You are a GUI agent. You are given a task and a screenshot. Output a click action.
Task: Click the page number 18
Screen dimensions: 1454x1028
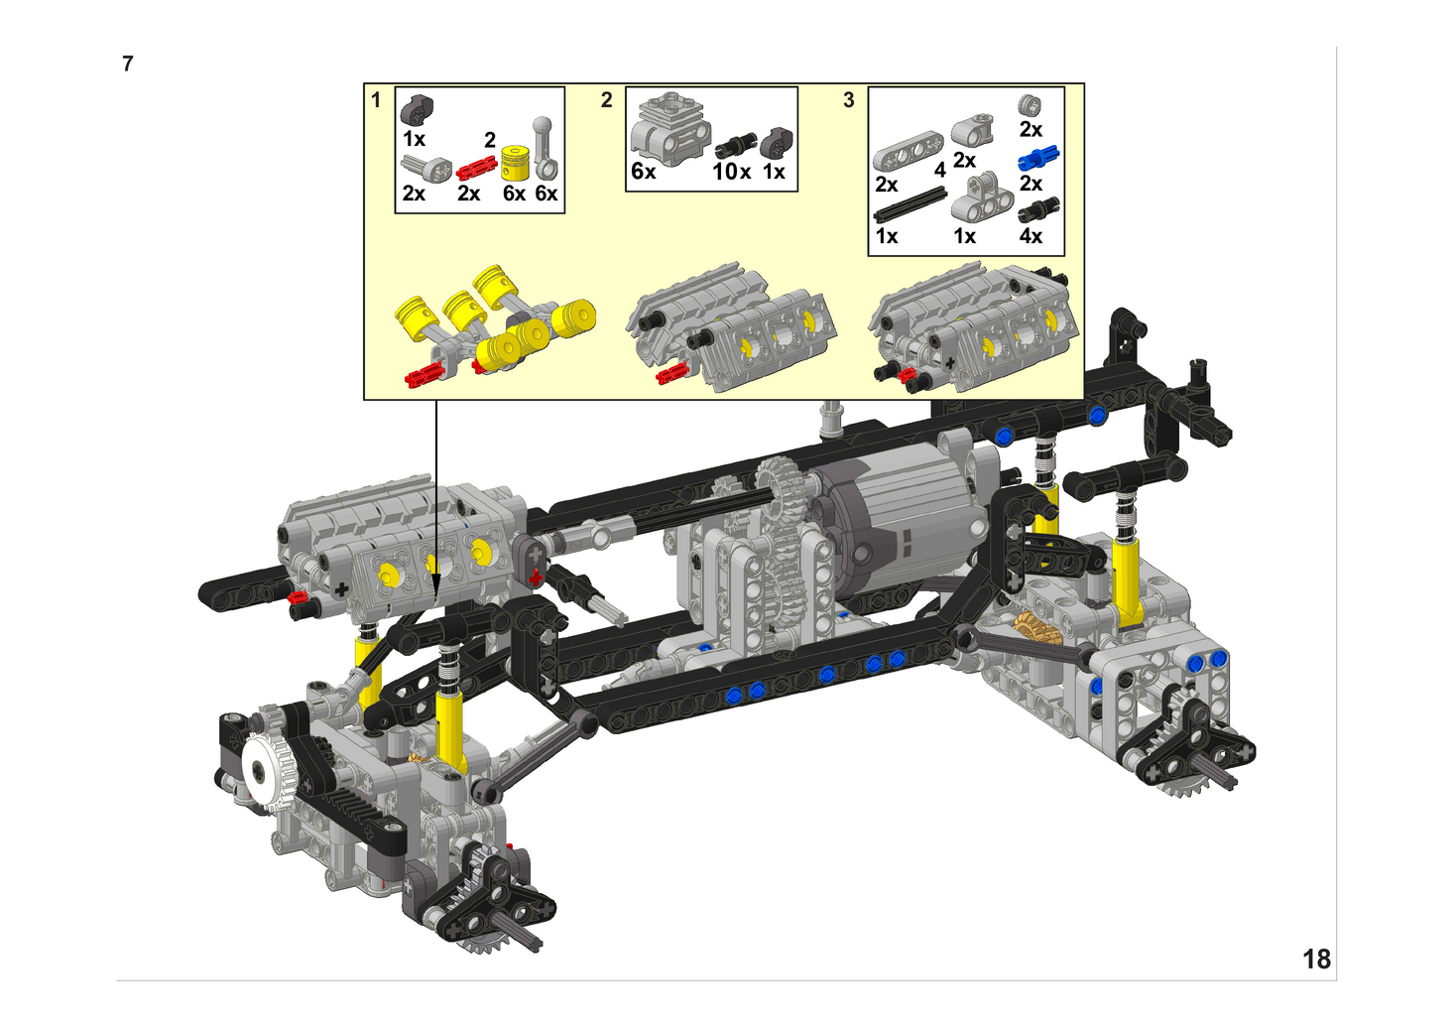[1316, 959]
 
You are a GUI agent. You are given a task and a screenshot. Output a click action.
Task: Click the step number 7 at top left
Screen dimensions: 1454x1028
[128, 64]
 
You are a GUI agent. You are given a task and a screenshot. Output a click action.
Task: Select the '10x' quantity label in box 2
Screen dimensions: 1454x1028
[732, 172]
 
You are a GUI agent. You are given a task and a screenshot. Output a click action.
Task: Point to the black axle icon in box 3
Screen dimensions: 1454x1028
[910, 205]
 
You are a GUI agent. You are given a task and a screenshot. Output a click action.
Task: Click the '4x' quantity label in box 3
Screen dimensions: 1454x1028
[1030, 236]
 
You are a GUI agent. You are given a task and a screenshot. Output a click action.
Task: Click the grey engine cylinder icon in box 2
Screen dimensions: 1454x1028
[669, 129]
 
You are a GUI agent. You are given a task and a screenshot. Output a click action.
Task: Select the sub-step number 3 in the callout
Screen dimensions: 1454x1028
[848, 100]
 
